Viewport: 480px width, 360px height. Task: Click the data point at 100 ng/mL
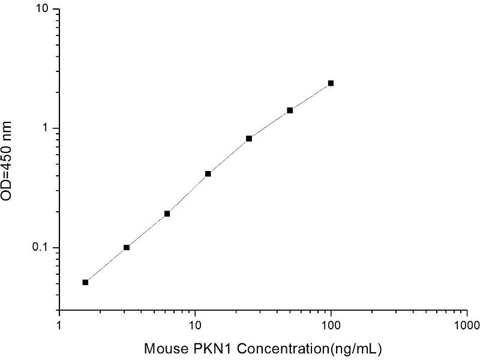(x=331, y=83)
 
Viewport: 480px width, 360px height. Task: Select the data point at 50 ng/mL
(x=290, y=110)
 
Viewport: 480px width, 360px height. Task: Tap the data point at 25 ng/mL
(x=249, y=139)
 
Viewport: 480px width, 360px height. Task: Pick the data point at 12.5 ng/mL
(x=208, y=174)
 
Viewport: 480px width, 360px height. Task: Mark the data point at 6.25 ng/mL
(x=167, y=214)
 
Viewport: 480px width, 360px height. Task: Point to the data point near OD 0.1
(x=127, y=247)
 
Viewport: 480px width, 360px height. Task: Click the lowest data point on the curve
(x=85, y=282)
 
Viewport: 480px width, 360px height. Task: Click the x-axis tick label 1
(x=59, y=326)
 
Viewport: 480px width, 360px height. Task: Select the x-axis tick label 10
(x=194, y=326)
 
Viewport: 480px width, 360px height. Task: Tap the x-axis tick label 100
(x=331, y=326)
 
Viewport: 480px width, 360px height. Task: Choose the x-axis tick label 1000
(x=466, y=326)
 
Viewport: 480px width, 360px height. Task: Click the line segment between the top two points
(x=310, y=97)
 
